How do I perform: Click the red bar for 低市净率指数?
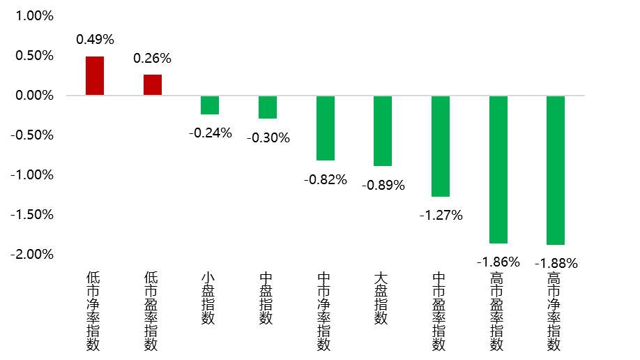[95, 75]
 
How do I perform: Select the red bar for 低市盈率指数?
[153, 84]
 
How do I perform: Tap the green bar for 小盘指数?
[210, 105]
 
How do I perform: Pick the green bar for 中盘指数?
[268, 107]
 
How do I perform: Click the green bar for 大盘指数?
[383, 130]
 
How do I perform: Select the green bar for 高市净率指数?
[556, 170]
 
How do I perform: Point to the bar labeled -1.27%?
[441, 146]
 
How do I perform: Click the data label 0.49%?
[95, 40]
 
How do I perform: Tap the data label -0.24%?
[210, 133]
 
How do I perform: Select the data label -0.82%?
[325, 179]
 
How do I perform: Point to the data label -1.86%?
[498, 262]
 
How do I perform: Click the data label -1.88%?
[556, 264]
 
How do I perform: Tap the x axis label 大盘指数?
[383, 299]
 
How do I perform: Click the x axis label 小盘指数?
[210, 299]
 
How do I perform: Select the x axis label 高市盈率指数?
[498, 312]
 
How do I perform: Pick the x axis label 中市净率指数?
[325, 312]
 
